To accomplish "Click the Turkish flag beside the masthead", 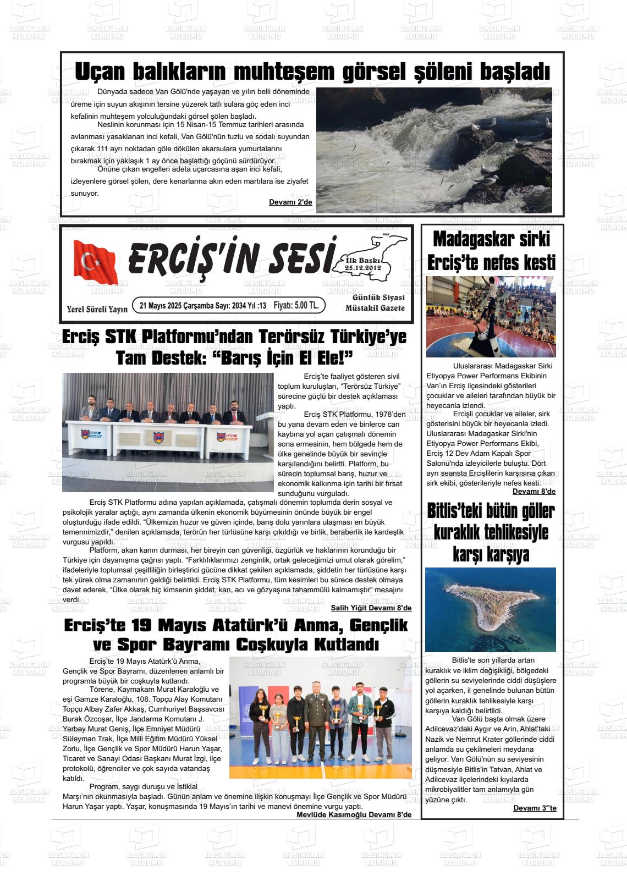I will (x=95, y=262).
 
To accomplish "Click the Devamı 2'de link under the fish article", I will (x=290, y=202).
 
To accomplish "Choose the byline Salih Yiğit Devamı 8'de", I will (x=371, y=608).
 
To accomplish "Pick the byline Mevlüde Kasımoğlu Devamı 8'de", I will (x=354, y=814).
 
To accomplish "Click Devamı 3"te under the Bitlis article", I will (x=535, y=808).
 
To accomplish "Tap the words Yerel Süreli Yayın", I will (x=97, y=309).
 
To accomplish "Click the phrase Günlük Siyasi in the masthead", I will (x=378, y=297).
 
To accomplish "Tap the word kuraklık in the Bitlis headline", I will (x=460, y=532).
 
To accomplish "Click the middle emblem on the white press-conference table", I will (x=158, y=437).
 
